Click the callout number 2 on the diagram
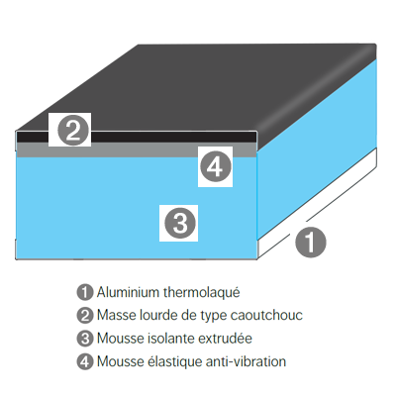(72, 131)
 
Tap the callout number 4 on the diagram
(216, 167)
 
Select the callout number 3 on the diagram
(180, 223)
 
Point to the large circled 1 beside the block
(310, 242)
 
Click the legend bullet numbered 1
(85, 292)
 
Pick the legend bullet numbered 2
(85, 316)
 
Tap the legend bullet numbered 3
(85, 339)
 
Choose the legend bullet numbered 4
(85, 361)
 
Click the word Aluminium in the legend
(128, 292)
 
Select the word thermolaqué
(202, 293)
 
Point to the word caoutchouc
(266, 315)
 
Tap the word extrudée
(225, 339)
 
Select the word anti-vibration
(246, 361)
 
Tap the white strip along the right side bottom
(317, 202)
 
